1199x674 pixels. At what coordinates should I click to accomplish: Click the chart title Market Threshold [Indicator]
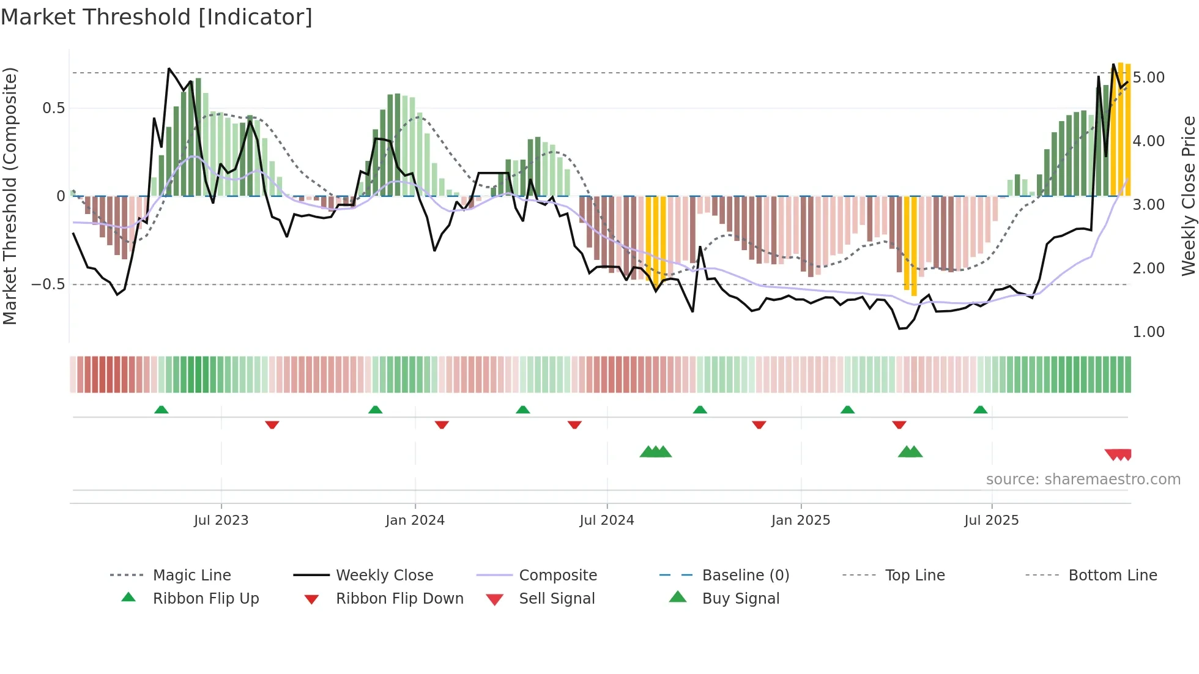click(157, 17)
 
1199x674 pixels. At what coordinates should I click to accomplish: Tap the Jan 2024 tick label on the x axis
click(415, 520)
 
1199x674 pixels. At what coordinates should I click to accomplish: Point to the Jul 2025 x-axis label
click(992, 520)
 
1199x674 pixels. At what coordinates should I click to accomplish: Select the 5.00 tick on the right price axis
click(1148, 78)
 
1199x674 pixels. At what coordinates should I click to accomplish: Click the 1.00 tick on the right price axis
click(1148, 332)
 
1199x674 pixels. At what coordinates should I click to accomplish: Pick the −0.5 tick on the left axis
click(48, 284)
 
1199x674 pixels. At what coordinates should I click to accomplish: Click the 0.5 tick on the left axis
click(53, 108)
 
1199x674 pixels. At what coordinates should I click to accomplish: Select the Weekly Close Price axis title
click(1188, 196)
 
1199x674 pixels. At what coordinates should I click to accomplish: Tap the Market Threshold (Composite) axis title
click(10, 196)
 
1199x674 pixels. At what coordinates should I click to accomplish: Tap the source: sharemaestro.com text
click(1083, 480)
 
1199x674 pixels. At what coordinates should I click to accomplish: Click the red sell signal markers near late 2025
click(1118, 454)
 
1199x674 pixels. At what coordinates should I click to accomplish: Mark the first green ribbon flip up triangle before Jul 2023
click(161, 410)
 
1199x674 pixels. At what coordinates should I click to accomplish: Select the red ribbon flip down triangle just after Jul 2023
click(272, 424)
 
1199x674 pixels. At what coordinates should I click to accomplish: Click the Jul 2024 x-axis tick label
click(607, 520)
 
